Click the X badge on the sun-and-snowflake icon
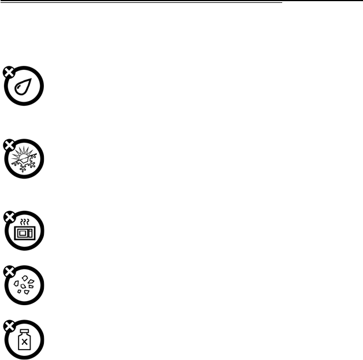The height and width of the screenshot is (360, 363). point(8,144)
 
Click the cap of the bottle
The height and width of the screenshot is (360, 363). point(24,331)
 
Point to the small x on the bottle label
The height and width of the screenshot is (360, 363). point(24,343)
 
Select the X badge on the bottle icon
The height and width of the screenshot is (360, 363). point(8,325)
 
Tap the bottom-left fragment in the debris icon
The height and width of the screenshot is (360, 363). point(19,291)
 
